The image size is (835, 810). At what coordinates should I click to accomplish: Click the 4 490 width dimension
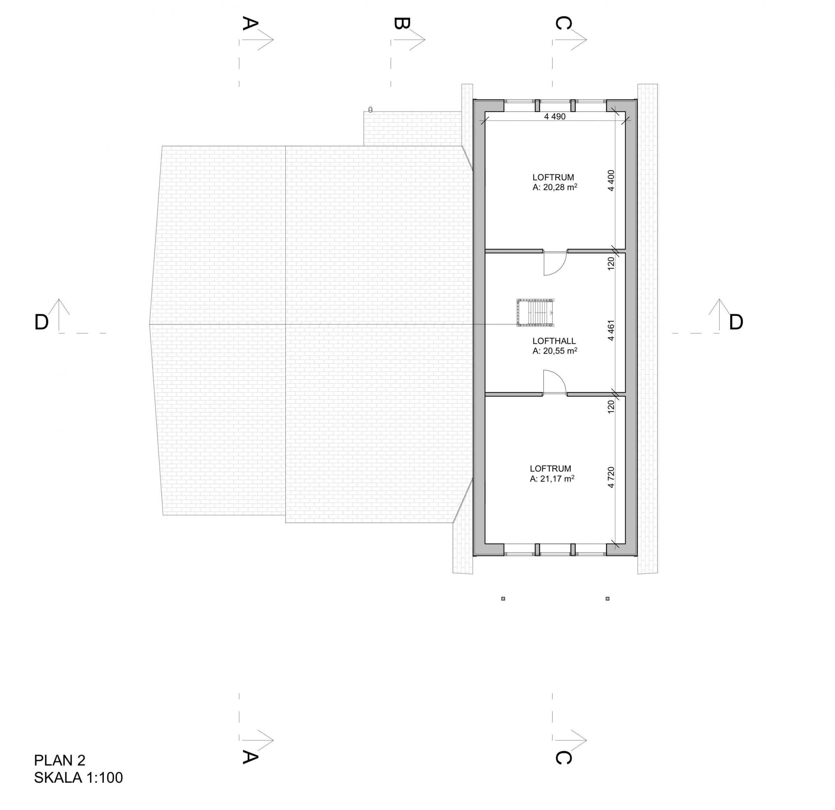tap(555, 116)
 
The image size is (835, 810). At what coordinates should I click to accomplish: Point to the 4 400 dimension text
tap(611, 180)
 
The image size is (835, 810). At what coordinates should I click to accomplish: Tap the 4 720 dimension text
tap(611, 477)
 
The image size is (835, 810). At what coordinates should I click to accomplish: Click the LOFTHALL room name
tap(554, 341)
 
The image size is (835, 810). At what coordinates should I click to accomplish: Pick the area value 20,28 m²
tap(560, 187)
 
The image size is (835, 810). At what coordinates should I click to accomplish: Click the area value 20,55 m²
tap(560, 351)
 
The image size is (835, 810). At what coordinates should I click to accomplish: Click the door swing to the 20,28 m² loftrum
tap(555, 264)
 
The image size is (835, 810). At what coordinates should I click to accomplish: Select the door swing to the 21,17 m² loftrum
tap(555, 382)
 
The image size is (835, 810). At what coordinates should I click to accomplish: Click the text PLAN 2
tap(60, 760)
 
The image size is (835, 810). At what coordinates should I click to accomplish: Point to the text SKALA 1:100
tap(78, 778)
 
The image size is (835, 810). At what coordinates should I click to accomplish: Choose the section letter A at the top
tap(250, 23)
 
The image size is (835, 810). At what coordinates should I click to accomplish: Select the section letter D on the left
tap(41, 323)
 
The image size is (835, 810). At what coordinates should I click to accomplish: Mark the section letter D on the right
tap(736, 323)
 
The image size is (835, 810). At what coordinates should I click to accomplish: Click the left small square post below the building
tap(503, 599)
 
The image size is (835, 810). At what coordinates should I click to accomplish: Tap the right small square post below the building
tap(608, 599)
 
